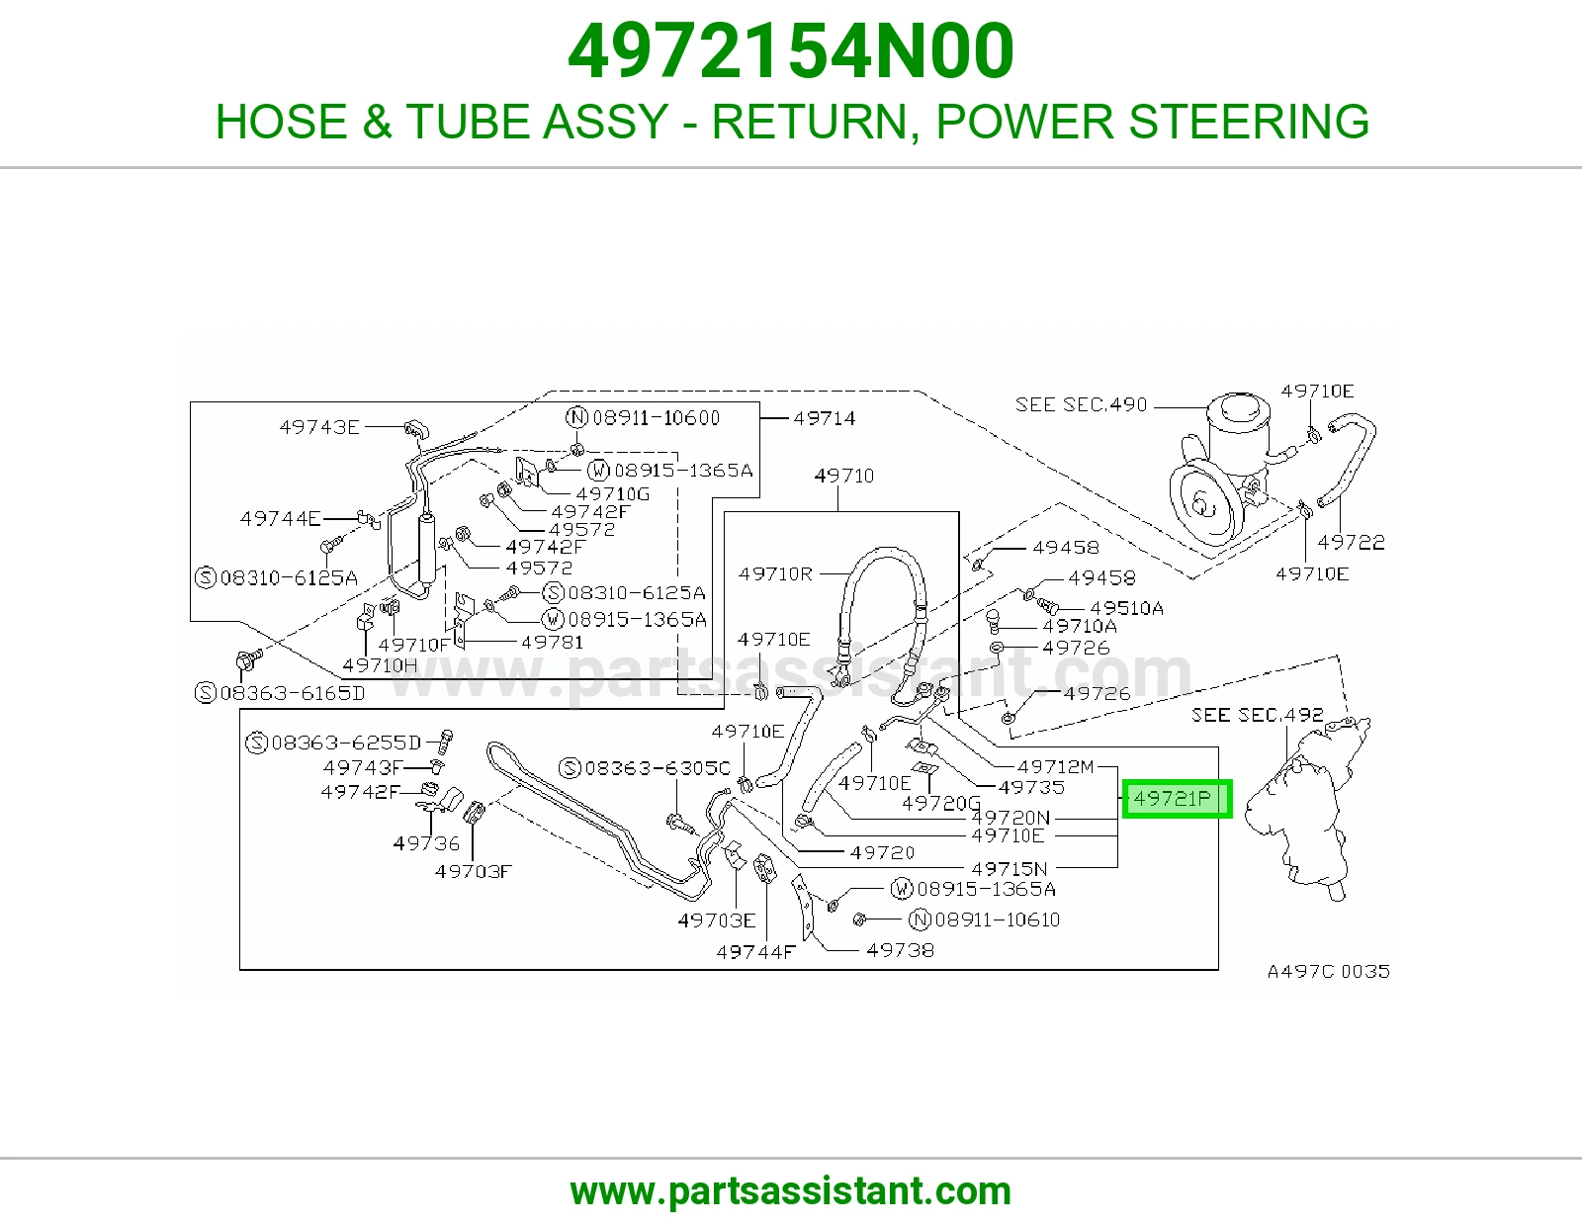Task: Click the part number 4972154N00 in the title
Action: (x=791, y=51)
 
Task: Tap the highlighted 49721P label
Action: (x=1177, y=799)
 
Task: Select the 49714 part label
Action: (x=825, y=418)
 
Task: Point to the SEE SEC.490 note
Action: (x=1081, y=404)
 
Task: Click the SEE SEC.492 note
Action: (x=1258, y=714)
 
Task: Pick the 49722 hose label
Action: (x=1351, y=543)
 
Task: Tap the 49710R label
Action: (x=774, y=573)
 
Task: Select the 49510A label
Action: (x=1126, y=608)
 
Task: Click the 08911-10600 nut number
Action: (x=656, y=417)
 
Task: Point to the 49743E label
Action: (x=319, y=426)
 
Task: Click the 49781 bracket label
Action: (x=552, y=642)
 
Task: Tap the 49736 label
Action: (x=426, y=843)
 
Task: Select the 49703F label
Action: (x=474, y=871)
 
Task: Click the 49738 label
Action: (x=900, y=949)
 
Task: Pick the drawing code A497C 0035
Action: (x=1329, y=971)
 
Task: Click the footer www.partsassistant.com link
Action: (x=791, y=1191)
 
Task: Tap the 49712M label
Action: (x=1056, y=766)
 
